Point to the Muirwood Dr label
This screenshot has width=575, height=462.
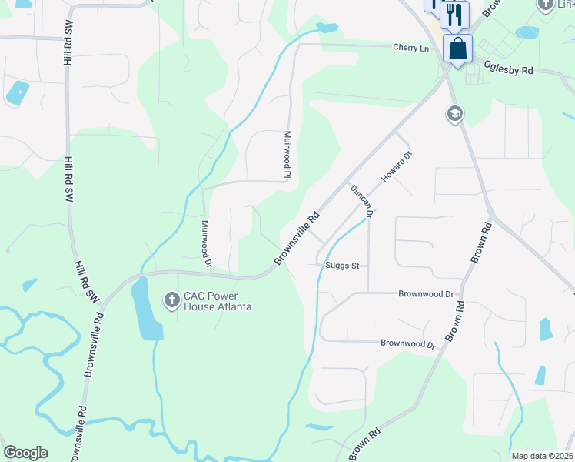pos(206,244)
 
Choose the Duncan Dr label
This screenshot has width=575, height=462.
pos(361,201)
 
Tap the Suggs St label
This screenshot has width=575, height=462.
pos(344,266)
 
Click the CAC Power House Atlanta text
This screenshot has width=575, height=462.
pos(218,301)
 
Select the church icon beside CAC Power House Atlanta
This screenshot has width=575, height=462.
pos(171,297)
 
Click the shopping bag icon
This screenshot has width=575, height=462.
pos(457,49)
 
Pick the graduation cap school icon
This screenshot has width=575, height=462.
pos(454,115)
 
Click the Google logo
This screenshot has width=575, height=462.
pos(25,453)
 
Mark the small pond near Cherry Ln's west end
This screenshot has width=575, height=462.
pos(327,28)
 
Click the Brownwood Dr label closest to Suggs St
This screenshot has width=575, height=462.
pos(427,294)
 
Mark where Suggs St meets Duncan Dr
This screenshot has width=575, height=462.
pos(368,266)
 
